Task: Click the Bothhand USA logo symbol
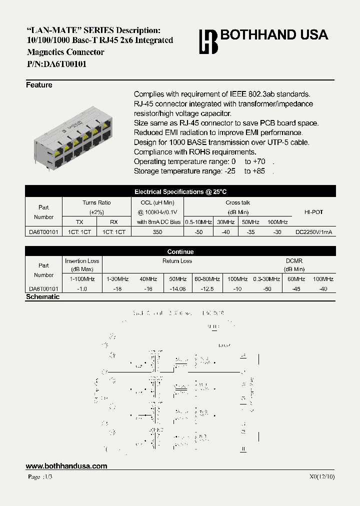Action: [208, 41]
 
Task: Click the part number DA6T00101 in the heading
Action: [65, 63]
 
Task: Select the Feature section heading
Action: [39, 85]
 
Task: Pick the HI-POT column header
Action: [313, 212]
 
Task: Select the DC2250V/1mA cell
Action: [314, 232]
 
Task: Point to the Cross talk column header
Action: [237, 202]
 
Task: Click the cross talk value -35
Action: [251, 232]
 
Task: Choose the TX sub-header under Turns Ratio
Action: [79, 222]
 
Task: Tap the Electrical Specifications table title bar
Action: [180, 191]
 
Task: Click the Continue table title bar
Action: [180, 251]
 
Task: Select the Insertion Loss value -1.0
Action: [82, 289]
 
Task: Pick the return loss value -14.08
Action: [177, 289]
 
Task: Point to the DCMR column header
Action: [294, 261]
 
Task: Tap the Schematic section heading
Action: [42, 297]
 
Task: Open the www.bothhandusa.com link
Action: [66, 466]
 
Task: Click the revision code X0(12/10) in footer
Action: [322, 476]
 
